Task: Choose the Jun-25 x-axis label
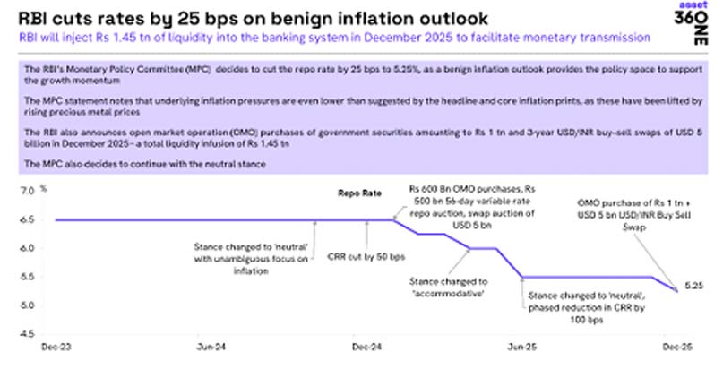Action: [522, 347]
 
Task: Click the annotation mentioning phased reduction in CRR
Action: [577, 306]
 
